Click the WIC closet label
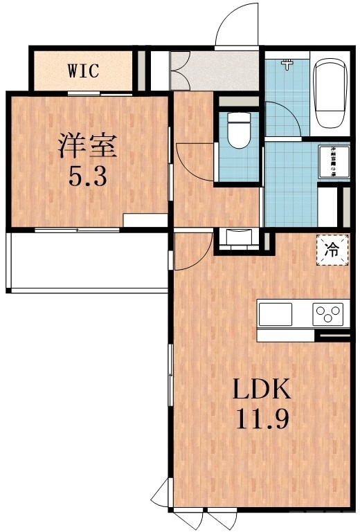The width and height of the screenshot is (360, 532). coord(84,70)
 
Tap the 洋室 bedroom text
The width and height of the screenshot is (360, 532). coord(87,147)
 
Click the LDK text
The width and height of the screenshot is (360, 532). coord(260,391)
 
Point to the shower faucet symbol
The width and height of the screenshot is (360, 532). coord(286,64)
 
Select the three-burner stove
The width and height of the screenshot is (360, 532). coord(328,314)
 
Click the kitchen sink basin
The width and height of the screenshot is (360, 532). coord(276,315)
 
